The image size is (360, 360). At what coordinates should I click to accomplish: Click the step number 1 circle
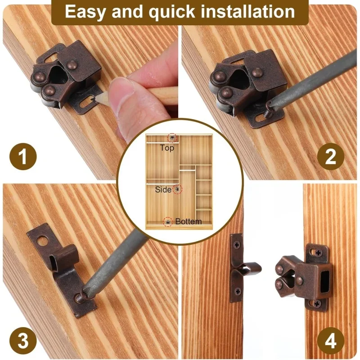coord(23,156)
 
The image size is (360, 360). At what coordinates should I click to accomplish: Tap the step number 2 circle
coord(331,156)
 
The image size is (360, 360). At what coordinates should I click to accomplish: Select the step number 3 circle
coord(23,341)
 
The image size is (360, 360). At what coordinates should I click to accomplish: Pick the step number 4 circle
coord(331,341)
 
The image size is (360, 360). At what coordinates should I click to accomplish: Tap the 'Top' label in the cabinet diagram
coord(167,148)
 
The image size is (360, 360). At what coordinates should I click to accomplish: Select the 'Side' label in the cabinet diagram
coord(163,189)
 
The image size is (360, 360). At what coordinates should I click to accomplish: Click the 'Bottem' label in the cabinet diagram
coord(189,221)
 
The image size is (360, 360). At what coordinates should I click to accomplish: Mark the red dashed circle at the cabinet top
coord(172,138)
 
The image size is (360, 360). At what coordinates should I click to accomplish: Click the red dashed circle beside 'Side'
coord(177,189)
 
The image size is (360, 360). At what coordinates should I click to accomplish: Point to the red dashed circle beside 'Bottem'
coord(168,222)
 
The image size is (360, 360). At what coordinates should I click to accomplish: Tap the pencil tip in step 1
coord(93,99)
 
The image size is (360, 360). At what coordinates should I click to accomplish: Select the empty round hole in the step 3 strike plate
coord(41,241)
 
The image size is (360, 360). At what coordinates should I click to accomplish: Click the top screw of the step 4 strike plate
coord(237,244)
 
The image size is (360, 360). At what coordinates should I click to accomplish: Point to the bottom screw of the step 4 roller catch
coord(317,304)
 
